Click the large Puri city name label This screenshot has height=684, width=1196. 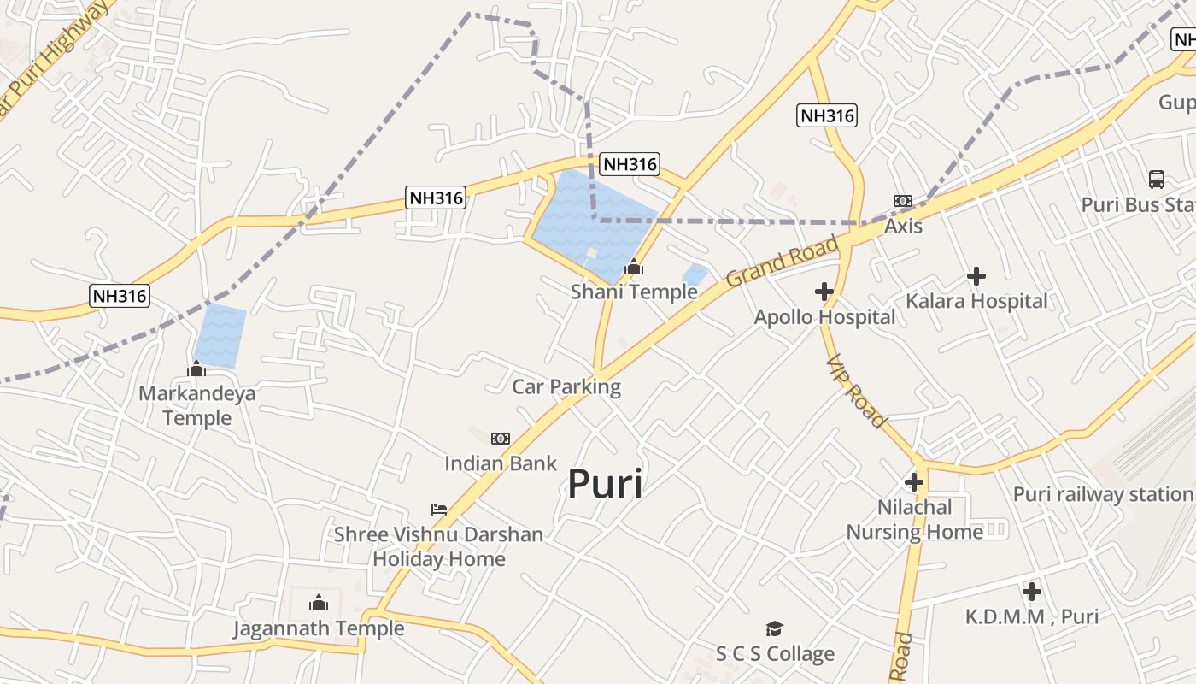[605, 485]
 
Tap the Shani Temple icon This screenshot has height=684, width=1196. [633, 268]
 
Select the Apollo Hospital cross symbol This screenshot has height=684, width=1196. [824, 292]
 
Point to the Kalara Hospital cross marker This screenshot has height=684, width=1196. [976, 276]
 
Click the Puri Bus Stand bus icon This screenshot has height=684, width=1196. [1156, 180]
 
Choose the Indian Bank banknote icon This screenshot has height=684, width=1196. [501, 439]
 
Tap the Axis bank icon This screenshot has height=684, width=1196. [903, 201]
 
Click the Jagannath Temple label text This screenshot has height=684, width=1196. [319, 628]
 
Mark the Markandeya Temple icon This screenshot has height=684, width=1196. [196, 369]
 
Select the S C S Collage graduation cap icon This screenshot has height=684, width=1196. [775, 629]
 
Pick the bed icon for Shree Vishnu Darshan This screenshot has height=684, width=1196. [439, 510]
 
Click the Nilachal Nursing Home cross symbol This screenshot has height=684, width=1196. [914, 482]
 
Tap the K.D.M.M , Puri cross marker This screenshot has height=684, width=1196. [1032, 591]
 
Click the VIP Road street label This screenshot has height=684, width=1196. [856, 392]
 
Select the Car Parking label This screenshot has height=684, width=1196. [566, 386]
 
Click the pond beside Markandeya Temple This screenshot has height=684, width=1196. [220, 336]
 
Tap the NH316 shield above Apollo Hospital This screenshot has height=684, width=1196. [827, 115]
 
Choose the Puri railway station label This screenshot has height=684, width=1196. [1102, 494]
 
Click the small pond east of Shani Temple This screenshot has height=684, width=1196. [695, 274]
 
